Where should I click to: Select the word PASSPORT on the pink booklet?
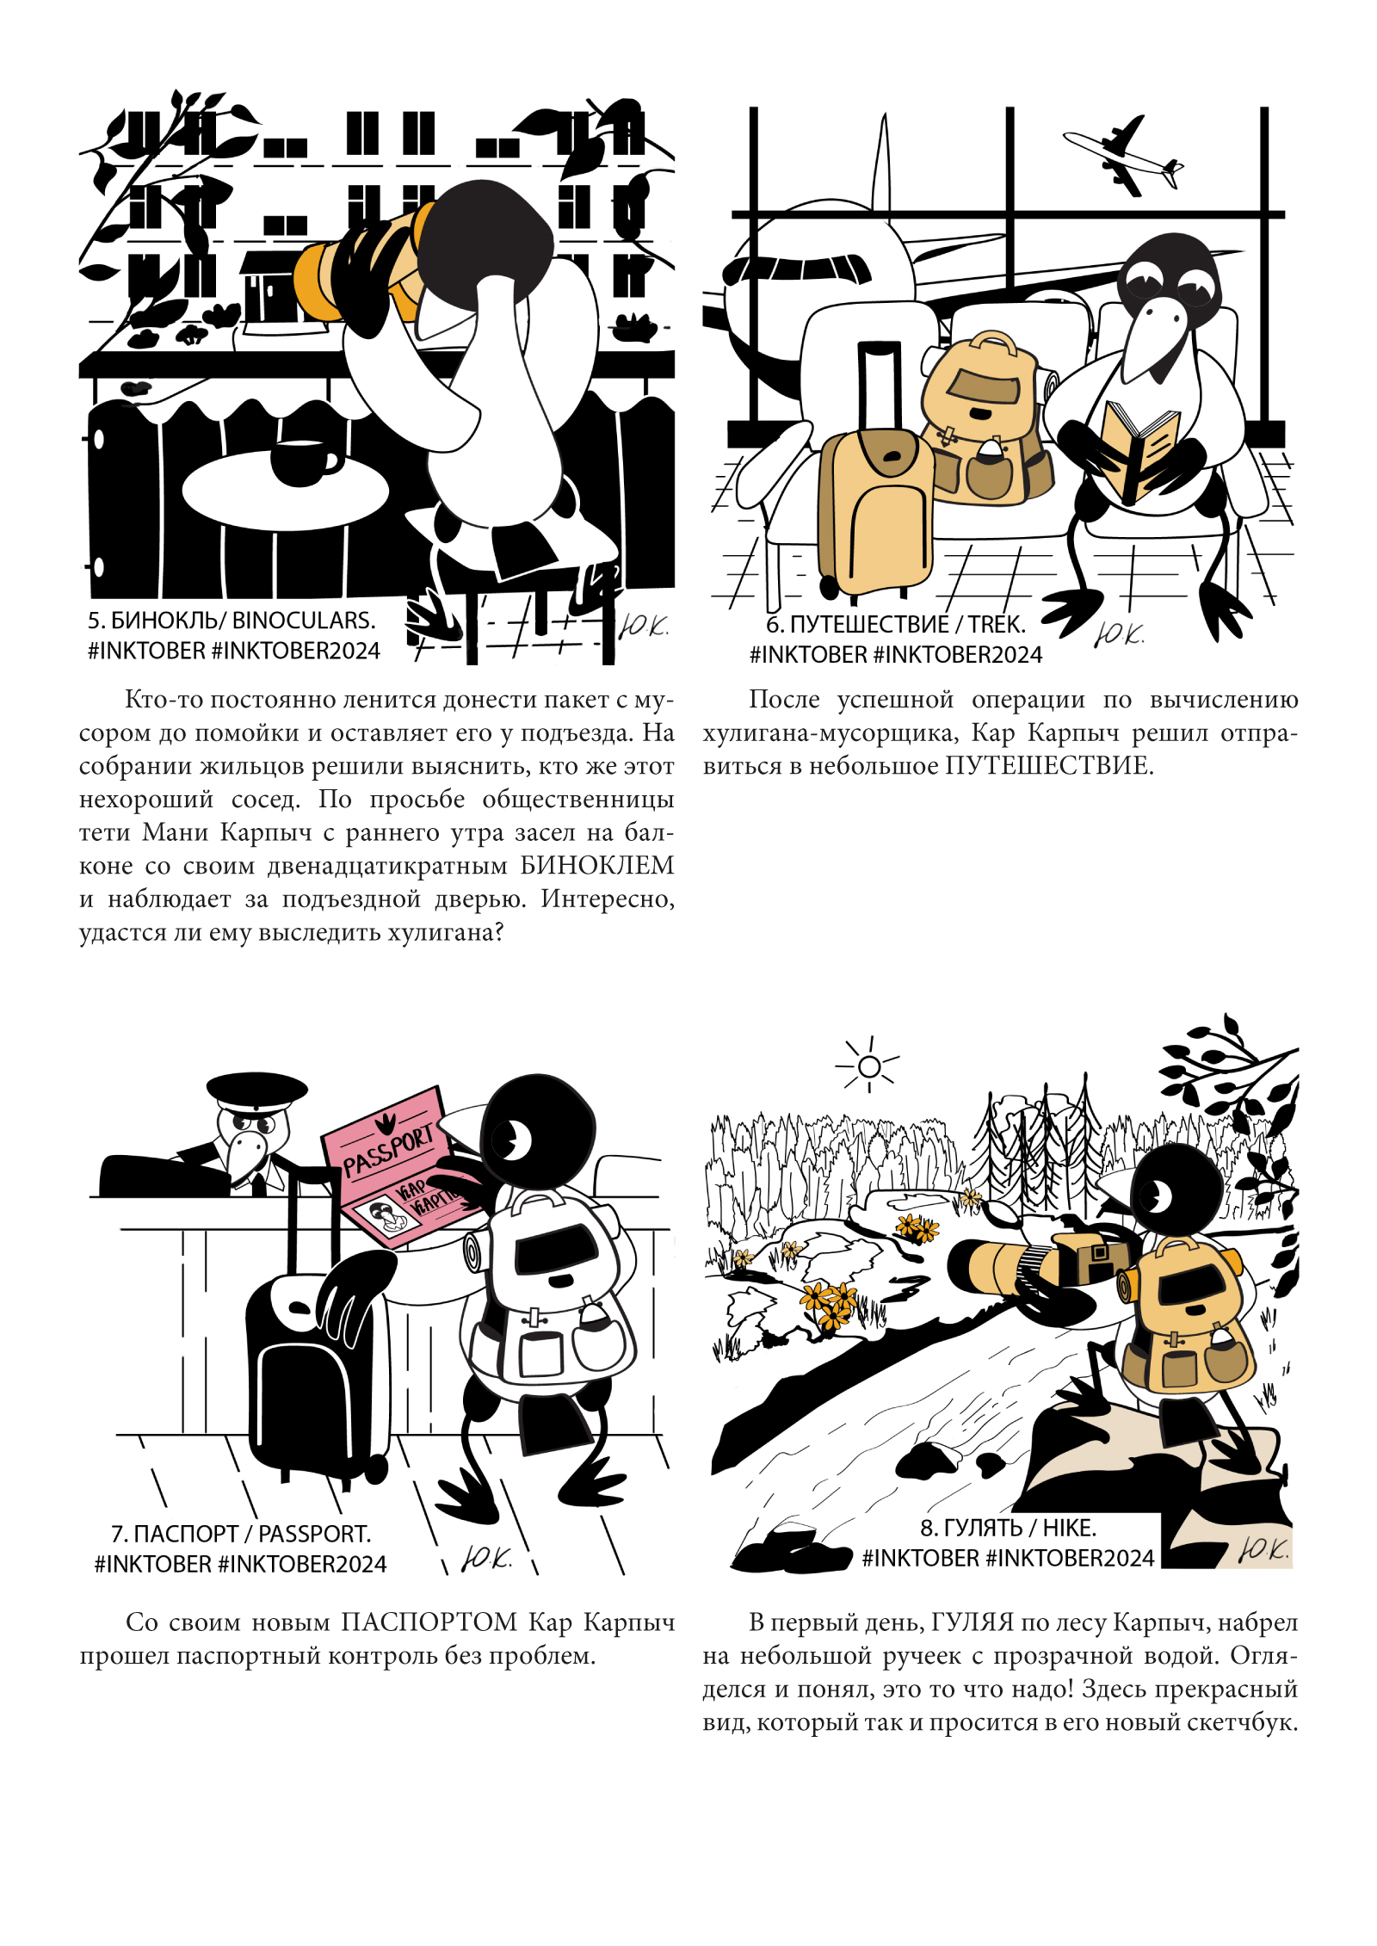click(388, 1152)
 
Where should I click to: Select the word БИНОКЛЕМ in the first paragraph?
click(597, 865)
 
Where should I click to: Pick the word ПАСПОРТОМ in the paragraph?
click(429, 1622)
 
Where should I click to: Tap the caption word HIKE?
click(1070, 1528)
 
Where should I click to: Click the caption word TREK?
click(997, 625)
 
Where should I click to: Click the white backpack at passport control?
click(551, 1291)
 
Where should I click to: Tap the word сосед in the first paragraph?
click(265, 799)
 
